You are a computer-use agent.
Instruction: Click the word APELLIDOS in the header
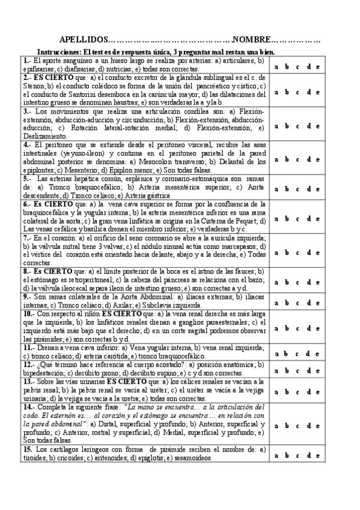tap(84, 39)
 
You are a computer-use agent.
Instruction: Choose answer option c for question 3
tap(298, 126)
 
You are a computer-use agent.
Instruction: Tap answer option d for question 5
tap(308, 188)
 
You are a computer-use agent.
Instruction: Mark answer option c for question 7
tap(298, 251)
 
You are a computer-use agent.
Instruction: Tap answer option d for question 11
tap(308, 353)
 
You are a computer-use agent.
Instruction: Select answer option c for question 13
tap(298, 392)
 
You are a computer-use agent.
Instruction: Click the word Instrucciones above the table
tap(59, 52)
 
